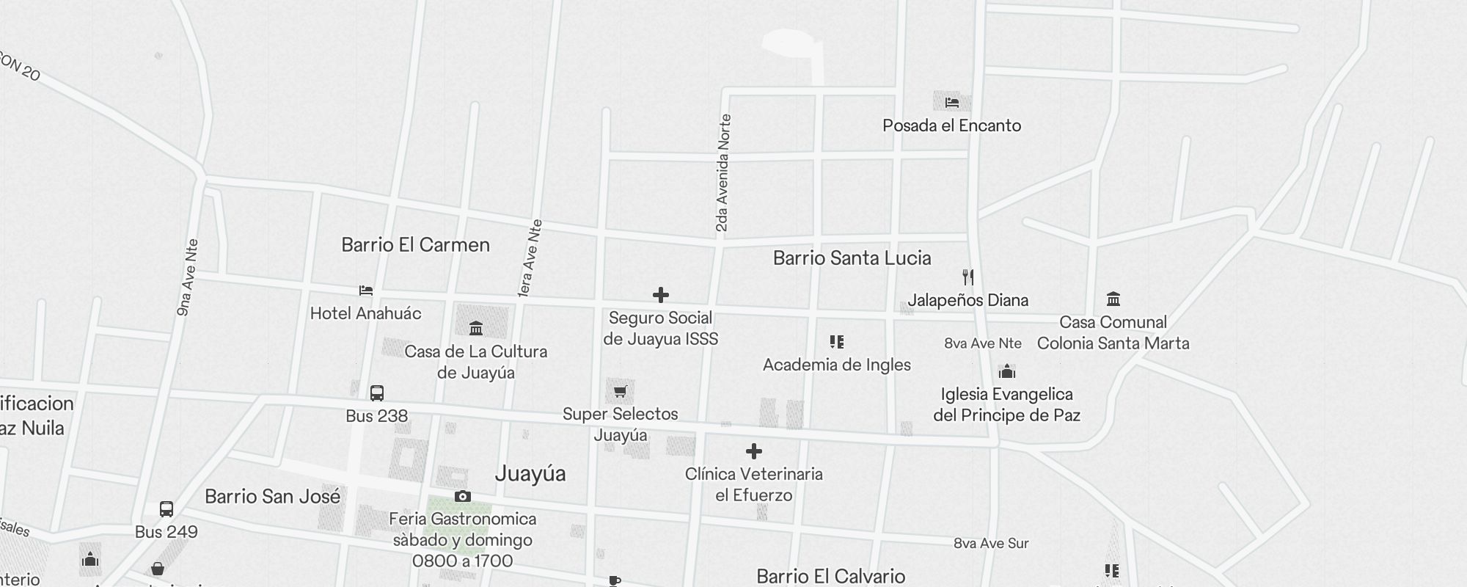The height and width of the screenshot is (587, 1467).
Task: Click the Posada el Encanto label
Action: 951,125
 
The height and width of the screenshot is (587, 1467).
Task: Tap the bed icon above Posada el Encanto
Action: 951,102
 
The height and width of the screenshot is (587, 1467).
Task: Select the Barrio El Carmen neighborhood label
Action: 415,245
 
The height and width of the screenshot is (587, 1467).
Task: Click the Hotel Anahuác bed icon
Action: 366,291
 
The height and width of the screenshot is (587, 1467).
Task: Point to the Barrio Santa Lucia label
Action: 852,258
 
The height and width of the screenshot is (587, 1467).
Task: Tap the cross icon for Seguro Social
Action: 660,295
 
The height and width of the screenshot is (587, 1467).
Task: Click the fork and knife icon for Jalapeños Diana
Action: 968,277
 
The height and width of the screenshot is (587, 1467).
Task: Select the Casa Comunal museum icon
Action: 1113,299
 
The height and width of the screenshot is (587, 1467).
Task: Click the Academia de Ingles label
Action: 836,365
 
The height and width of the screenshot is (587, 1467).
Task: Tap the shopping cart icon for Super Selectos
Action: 620,391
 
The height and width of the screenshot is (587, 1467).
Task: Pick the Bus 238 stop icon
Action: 377,393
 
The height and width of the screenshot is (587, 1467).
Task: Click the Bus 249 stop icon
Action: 167,509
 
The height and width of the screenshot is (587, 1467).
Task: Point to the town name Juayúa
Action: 530,474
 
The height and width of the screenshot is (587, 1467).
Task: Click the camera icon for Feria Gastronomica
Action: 462,497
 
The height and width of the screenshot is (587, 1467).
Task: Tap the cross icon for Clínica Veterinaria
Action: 753,451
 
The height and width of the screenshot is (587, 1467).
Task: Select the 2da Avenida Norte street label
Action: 723,173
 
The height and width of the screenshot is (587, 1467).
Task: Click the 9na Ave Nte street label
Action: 188,277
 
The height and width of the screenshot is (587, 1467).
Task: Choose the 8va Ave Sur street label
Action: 991,544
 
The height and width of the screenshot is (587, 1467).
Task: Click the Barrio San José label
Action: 272,497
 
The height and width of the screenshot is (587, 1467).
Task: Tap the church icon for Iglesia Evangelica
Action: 1006,371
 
